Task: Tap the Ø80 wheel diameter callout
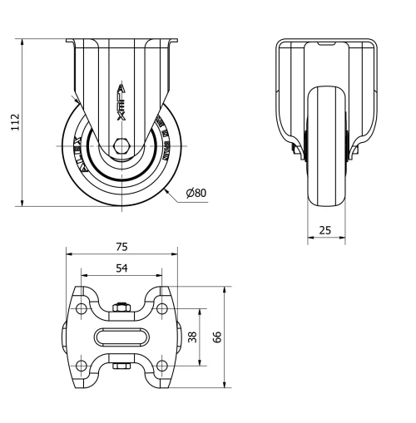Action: [196, 193]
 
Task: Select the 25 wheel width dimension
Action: [326, 229]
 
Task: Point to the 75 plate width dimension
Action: [121, 246]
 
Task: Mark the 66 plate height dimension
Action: [218, 337]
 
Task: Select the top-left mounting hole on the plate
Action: [82, 309]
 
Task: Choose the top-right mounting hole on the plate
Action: [161, 309]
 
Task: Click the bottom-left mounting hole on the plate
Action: [82, 366]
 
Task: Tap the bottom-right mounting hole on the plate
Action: [161, 366]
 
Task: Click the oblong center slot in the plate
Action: [121, 337]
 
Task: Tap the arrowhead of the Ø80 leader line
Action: [167, 190]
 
